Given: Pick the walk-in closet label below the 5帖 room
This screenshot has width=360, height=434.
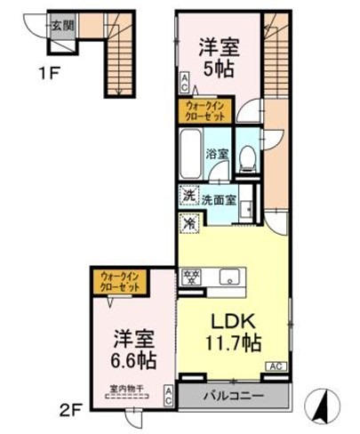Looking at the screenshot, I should (204, 111).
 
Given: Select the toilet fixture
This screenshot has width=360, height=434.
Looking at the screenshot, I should (249, 157).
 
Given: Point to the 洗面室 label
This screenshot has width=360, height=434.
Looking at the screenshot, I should (219, 199).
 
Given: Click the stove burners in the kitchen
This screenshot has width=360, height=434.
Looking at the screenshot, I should (191, 277).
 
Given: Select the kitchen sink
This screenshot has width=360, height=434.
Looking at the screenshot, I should (229, 277).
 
